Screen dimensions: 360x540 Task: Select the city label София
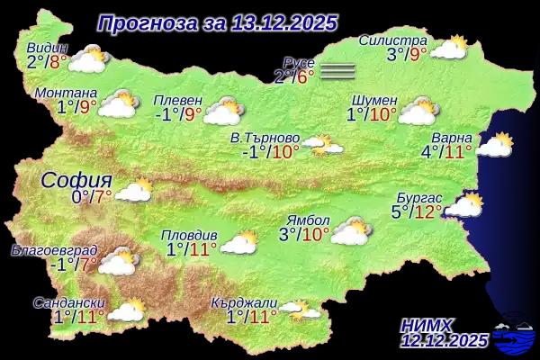(x=76, y=178)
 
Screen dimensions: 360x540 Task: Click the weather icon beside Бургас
(x=464, y=206)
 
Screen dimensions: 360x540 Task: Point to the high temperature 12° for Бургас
(x=427, y=212)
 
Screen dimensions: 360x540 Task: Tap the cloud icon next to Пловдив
(x=239, y=242)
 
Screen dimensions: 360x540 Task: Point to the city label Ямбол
(x=307, y=220)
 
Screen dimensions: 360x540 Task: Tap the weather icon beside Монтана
(x=118, y=105)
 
